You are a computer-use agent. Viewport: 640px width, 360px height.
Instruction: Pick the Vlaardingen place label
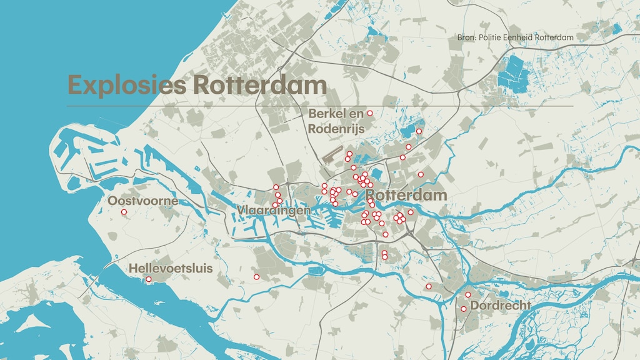[x=274, y=211]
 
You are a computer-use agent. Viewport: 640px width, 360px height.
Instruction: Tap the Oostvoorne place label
[x=142, y=201]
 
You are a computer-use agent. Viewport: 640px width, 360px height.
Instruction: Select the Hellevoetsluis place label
[x=171, y=268]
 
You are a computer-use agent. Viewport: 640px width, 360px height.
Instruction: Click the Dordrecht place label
[x=501, y=306]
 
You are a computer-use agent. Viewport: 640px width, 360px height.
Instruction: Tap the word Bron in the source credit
[x=466, y=37]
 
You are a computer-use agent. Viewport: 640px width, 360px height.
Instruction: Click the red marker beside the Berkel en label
[x=370, y=113]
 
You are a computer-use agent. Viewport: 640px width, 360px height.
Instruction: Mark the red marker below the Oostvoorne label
[x=124, y=212]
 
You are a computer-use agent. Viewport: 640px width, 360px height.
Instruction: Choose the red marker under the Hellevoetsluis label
[x=149, y=279]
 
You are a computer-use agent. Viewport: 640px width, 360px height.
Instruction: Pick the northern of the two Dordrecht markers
[x=468, y=294]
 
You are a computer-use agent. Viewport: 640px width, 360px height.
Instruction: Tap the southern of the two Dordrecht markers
[x=464, y=309]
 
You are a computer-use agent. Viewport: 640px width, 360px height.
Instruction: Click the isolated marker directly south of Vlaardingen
[x=256, y=277]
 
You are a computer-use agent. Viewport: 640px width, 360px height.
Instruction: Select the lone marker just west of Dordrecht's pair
[x=429, y=286]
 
